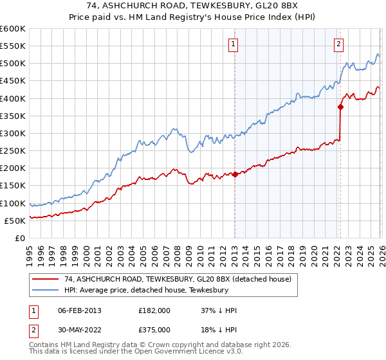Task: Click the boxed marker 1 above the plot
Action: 233,44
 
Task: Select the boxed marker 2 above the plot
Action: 338,44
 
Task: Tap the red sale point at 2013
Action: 235,174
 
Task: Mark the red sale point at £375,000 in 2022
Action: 340,107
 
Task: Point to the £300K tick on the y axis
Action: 14,133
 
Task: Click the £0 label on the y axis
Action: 20,238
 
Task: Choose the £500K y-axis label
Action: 14,64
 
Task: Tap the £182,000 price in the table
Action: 154,310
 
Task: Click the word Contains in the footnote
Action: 44,346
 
